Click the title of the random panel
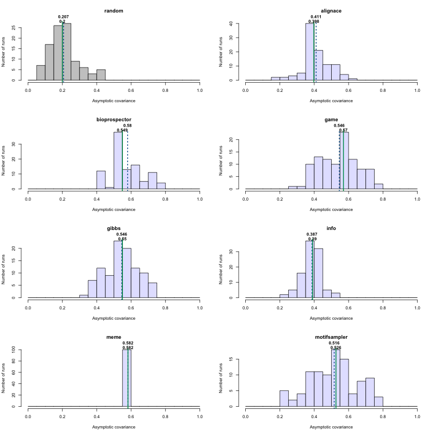[114, 11]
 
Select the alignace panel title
[331, 11]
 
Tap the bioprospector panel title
[114, 120]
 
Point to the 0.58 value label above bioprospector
[128, 126]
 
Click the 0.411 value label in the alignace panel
[316, 17]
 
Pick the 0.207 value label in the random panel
[63, 17]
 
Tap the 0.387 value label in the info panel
[312, 234]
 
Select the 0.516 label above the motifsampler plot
[334, 343]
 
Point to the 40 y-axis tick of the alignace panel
[232, 24]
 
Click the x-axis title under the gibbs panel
[114, 318]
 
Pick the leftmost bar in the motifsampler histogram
[284, 398]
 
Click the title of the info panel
[331, 228]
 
